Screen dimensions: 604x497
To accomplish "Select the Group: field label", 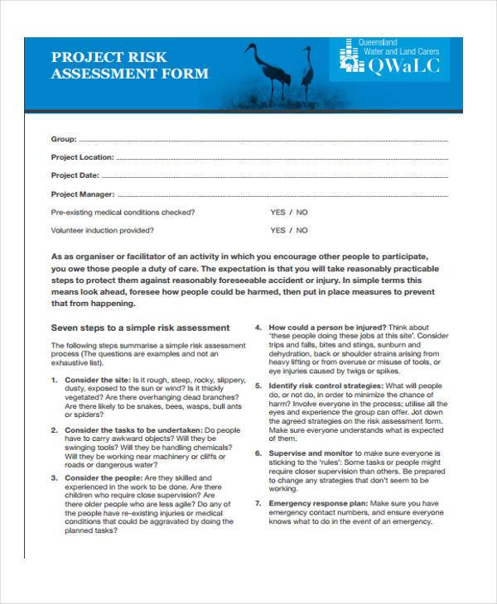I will point(64,139).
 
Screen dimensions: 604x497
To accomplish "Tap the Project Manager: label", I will point(81,194).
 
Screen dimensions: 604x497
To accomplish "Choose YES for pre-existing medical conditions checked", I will point(277,213).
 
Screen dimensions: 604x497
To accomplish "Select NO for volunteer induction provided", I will point(302,231).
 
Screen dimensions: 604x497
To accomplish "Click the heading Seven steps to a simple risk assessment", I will point(141,327).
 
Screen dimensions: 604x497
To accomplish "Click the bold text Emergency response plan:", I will point(318,502).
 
